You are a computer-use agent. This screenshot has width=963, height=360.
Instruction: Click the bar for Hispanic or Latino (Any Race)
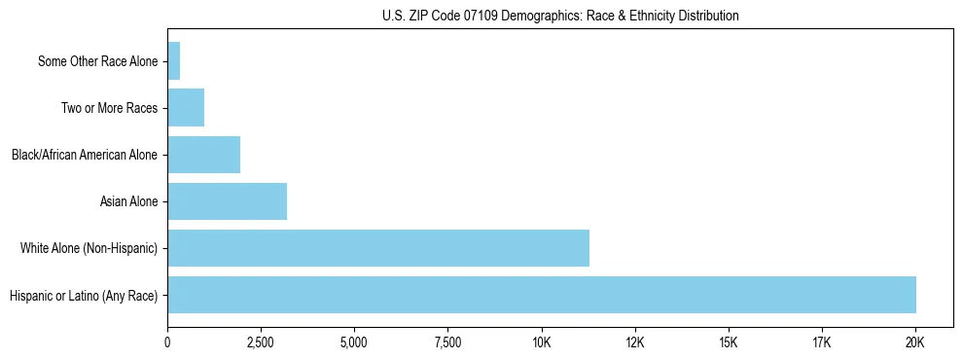click(x=542, y=295)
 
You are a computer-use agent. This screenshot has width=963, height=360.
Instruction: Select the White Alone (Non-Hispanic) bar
click(x=378, y=248)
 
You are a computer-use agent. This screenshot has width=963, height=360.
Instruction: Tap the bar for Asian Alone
click(x=227, y=201)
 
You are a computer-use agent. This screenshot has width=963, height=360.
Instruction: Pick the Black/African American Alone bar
click(x=203, y=155)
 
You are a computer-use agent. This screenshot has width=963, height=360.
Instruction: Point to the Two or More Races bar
click(x=186, y=108)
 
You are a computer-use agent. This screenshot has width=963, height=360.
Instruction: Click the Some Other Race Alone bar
click(x=174, y=61)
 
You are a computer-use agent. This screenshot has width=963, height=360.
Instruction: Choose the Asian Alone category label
click(x=128, y=202)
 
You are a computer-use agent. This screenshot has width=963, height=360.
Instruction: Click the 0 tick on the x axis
click(x=167, y=342)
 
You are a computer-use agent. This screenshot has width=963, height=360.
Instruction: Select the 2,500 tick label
click(x=261, y=342)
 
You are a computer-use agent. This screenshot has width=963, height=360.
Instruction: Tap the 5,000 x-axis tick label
click(x=354, y=342)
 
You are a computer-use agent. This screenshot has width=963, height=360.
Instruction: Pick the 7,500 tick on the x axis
click(x=447, y=342)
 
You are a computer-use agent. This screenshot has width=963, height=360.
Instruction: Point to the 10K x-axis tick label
click(x=542, y=342)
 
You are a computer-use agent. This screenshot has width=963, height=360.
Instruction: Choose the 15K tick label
click(x=729, y=342)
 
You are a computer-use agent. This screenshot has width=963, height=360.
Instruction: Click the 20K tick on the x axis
click(x=915, y=342)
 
